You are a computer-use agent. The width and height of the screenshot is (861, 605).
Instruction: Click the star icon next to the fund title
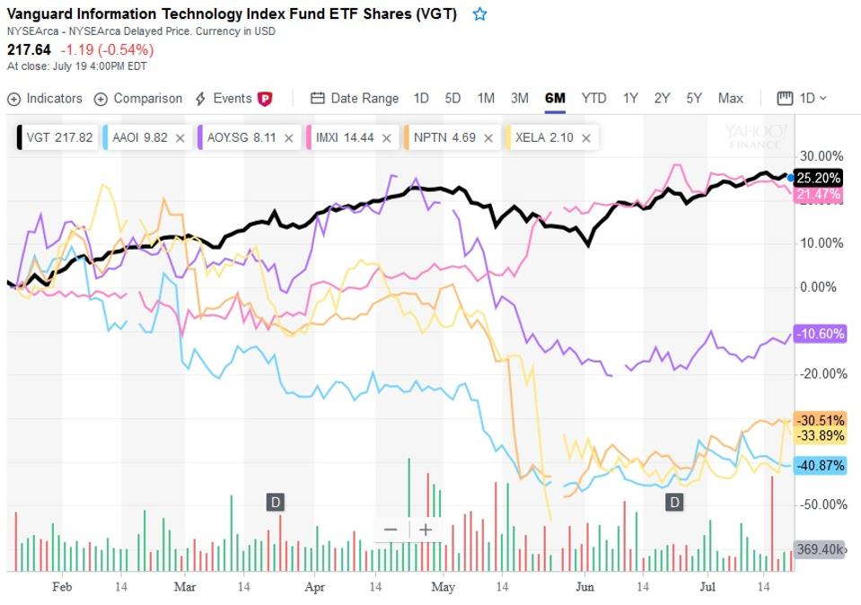point(479,14)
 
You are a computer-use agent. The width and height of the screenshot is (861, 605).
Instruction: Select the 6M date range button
point(555,99)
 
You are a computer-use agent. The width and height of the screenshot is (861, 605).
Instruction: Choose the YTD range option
point(593,99)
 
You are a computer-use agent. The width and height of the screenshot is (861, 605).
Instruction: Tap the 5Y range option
point(693,99)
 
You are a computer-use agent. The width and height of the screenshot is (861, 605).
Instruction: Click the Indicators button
point(45,99)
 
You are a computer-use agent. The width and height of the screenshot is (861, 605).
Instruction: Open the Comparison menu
point(138,99)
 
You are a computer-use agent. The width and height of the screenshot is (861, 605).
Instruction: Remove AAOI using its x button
point(180,138)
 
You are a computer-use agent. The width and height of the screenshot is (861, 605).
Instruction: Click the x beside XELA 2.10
point(585,138)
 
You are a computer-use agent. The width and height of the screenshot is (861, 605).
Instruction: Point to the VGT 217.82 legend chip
point(56,138)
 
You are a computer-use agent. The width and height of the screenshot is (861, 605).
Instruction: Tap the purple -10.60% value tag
point(820,334)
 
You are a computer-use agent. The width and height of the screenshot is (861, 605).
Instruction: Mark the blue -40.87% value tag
point(820,467)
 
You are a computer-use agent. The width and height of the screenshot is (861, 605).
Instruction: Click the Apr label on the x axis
point(314,587)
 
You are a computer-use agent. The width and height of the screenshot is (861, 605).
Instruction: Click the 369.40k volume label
point(819,549)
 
